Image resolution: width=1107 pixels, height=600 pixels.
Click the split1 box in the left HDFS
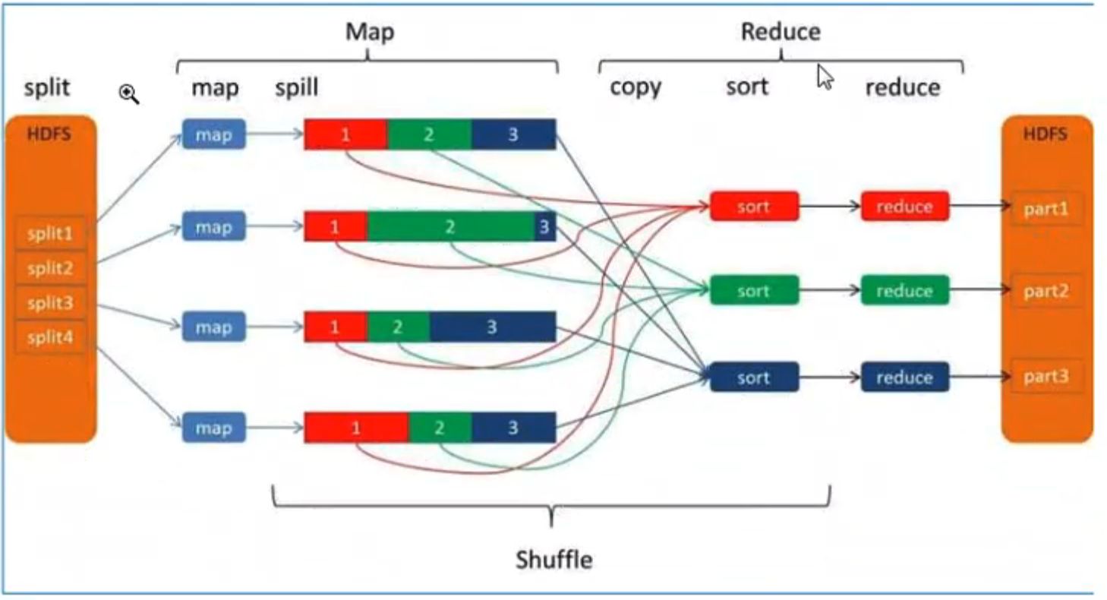50,233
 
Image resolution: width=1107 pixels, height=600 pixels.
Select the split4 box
50,337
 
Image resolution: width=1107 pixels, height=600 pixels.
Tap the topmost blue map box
213,135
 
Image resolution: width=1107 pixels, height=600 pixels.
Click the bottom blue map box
213,428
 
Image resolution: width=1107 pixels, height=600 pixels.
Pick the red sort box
754,207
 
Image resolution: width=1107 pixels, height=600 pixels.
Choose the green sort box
754,291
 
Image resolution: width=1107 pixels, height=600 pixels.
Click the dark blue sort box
754,377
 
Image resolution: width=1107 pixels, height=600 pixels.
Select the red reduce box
904,207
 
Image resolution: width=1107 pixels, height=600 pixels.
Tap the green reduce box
904,291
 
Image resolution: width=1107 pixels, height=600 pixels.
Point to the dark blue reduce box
904,377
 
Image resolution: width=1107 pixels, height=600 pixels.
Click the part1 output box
1046,208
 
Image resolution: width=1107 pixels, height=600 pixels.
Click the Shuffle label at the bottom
553,560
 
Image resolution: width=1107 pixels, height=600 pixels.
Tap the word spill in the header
297,88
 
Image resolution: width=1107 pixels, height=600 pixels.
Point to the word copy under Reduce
635,87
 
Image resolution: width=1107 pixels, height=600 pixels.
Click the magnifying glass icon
129,94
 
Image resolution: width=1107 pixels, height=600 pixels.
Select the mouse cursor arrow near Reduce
825,77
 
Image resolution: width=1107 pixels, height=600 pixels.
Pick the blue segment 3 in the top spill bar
513,135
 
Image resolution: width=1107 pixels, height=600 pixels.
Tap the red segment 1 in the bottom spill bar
356,428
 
